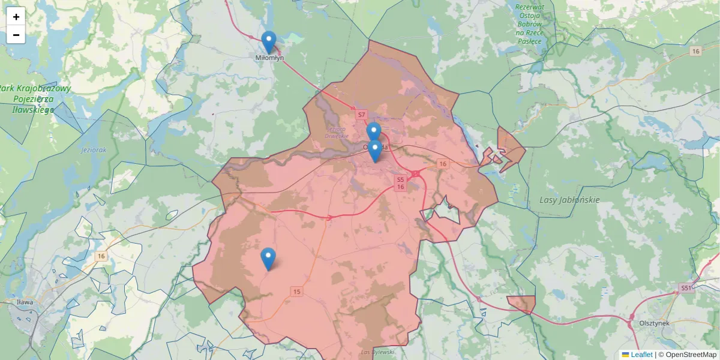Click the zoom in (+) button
pyautogui.click(x=16, y=16)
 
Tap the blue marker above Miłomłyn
pyautogui.click(x=269, y=42)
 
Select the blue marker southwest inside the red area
pyautogui.click(x=268, y=259)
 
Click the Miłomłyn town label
pyautogui.click(x=269, y=58)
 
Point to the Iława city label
pyautogui.click(x=25, y=302)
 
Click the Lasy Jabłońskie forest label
pyautogui.click(x=569, y=200)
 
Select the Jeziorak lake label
pyautogui.click(x=94, y=150)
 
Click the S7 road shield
pyautogui.click(x=361, y=114)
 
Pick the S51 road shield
pyautogui.click(x=686, y=288)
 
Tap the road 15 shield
pyautogui.click(x=296, y=292)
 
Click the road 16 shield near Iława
pyautogui.click(x=101, y=256)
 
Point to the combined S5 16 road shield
pyautogui.click(x=400, y=183)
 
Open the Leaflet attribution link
pyautogui.click(x=641, y=355)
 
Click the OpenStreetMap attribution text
pyautogui.click(x=687, y=355)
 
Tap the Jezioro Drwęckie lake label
pyautogui.click(x=337, y=132)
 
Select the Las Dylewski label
pyautogui.click(x=377, y=352)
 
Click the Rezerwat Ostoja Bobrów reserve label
pyautogui.click(x=529, y=24)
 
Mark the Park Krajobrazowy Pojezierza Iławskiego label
pyautogui.click(x=35, y=99)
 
